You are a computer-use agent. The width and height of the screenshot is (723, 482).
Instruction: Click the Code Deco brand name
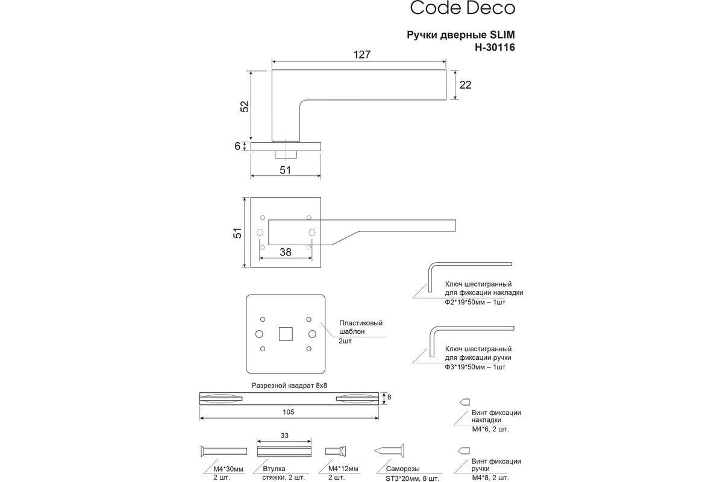tap(462, 8)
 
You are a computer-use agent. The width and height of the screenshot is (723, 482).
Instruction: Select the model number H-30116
tap(495, 48)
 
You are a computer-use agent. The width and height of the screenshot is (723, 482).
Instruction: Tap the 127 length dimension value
tap(361, 55)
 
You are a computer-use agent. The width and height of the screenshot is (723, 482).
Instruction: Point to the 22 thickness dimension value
tap(465, 85)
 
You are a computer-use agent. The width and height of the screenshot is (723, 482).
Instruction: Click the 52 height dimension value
tap(245, 107)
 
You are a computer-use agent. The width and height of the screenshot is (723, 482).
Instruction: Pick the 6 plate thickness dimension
tap(237, 146)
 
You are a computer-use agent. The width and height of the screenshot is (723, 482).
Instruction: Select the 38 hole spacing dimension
tap(286, 252)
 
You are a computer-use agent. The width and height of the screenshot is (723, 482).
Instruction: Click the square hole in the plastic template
tap(286, 334)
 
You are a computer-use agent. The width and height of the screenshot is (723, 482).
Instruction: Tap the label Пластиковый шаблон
tap(361, 327)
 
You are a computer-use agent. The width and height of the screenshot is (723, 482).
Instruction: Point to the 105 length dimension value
tap(288, 412)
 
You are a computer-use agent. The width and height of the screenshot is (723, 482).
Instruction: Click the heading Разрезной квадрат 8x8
tap(289, 386)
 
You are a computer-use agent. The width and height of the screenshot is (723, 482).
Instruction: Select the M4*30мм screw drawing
tap(224, 451)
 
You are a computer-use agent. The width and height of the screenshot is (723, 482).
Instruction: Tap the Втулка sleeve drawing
tap(284, 451)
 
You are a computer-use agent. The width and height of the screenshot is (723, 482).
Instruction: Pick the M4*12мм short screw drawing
tap(336, 451)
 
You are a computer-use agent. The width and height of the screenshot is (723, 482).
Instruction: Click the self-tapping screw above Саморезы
tap(389, 451)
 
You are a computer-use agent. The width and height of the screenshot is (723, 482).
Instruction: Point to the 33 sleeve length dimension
tap(284, 436)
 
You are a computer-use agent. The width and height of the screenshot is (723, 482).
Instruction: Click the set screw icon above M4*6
tap(465, 402)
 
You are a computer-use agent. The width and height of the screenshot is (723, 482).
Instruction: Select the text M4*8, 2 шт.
tap(490, 478)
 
